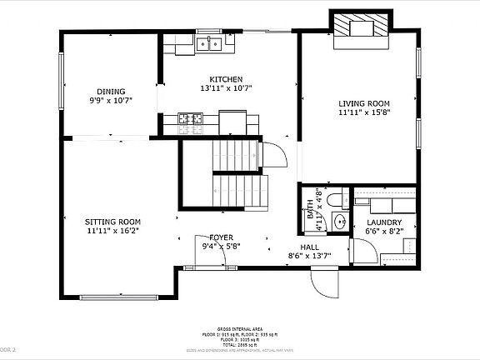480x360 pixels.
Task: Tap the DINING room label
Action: [111, 92]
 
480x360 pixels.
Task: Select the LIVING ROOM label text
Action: [363, 103]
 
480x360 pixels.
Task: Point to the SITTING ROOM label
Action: [112, 222]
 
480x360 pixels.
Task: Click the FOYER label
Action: [221, 237]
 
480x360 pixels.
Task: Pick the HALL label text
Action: [309, 247]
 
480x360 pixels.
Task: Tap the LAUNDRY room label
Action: [384, 222]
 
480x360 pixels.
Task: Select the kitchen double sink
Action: [210, 42]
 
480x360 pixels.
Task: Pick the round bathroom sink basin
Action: [339, 222]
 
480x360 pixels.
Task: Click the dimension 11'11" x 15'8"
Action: [363, 112]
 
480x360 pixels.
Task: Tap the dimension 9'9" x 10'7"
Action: [111, 101]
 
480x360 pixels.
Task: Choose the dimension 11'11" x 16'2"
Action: [112, 231]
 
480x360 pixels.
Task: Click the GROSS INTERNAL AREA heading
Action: [239, 331]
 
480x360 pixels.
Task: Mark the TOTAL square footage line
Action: [239, 344]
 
